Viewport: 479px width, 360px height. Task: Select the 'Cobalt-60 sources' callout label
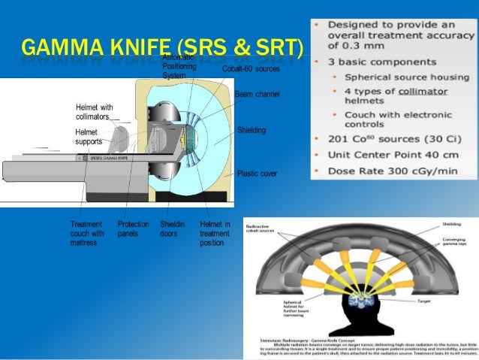tap(251, 68)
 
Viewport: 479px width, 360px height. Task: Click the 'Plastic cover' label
tap(257, 174)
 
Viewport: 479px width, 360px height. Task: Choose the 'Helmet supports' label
tap(89, 136)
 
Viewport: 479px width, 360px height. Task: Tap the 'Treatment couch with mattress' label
tap(86, 234)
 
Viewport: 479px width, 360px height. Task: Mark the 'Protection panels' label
tap(133, 229)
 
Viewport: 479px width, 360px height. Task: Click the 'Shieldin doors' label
tap(170, 229)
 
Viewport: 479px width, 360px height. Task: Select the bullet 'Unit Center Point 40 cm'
tap(395, 155)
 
